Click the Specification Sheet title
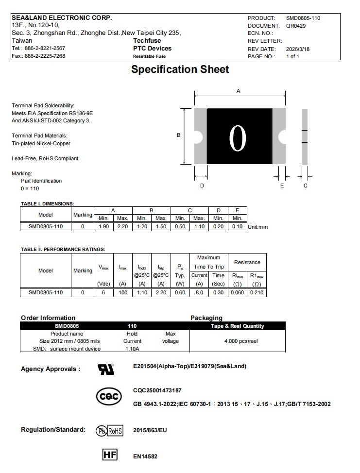[180, 69]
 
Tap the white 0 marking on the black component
[238, 138]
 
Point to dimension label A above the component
[238, 91]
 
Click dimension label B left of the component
[178, 135]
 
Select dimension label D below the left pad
[202, 186]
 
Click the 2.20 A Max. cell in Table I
[122, 226]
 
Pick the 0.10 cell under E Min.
[238, 226]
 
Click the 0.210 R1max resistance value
[257, 292]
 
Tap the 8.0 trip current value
[199, 292]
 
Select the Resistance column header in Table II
[247, 262]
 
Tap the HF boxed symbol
[110, 455]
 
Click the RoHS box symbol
[115, 430]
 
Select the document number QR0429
[296, 26]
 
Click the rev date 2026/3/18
[298, 49]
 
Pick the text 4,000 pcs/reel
[241, 341]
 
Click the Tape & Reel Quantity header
[238, 326]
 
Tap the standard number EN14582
[145, 456]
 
